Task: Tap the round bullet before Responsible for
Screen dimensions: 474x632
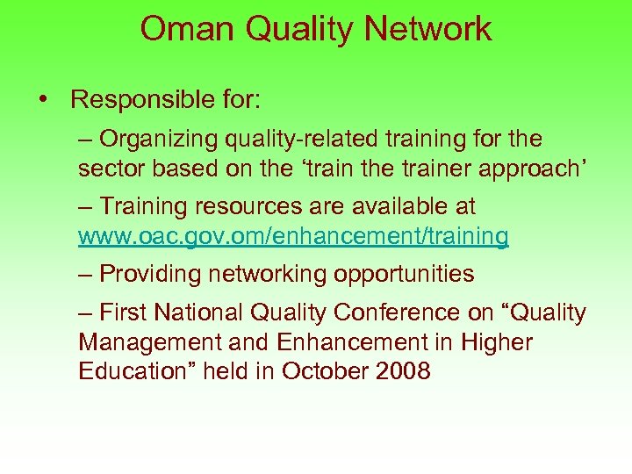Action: pyautogui.click(x=43, y=99)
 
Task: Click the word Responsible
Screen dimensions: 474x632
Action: pyautogui.click(x=139, y=99)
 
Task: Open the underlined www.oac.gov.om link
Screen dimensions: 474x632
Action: pyautogui.click(x=293, y=236)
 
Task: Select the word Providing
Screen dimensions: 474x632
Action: pyautogui.click(x=151, y=274)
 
